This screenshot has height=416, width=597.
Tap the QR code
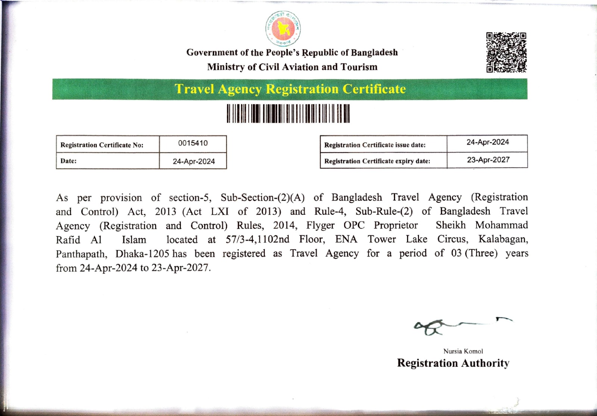[x=506, y=52]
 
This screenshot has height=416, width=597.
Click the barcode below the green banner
[x=288, y=114]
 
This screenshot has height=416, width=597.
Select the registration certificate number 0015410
[x=193, y=143]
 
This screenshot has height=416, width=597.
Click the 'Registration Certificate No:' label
[x=102, y=145]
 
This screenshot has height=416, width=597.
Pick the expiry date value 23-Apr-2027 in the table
[x=488, y=160]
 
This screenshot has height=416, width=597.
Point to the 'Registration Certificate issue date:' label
[x=375, y=145]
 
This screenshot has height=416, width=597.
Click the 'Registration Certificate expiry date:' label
[x=377, y=161]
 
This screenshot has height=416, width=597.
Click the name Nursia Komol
[x=463, y=351]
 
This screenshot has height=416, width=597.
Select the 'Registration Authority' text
[x=453, y=363]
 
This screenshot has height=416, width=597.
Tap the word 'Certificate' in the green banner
[x=374, y=89]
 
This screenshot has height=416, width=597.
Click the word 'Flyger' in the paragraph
[x=321, y=226]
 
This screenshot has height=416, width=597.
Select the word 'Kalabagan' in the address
[x=503, y=239]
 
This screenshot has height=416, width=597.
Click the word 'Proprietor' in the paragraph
[x=396, y=226]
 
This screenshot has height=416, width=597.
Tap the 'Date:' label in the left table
[x=69, y=161]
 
